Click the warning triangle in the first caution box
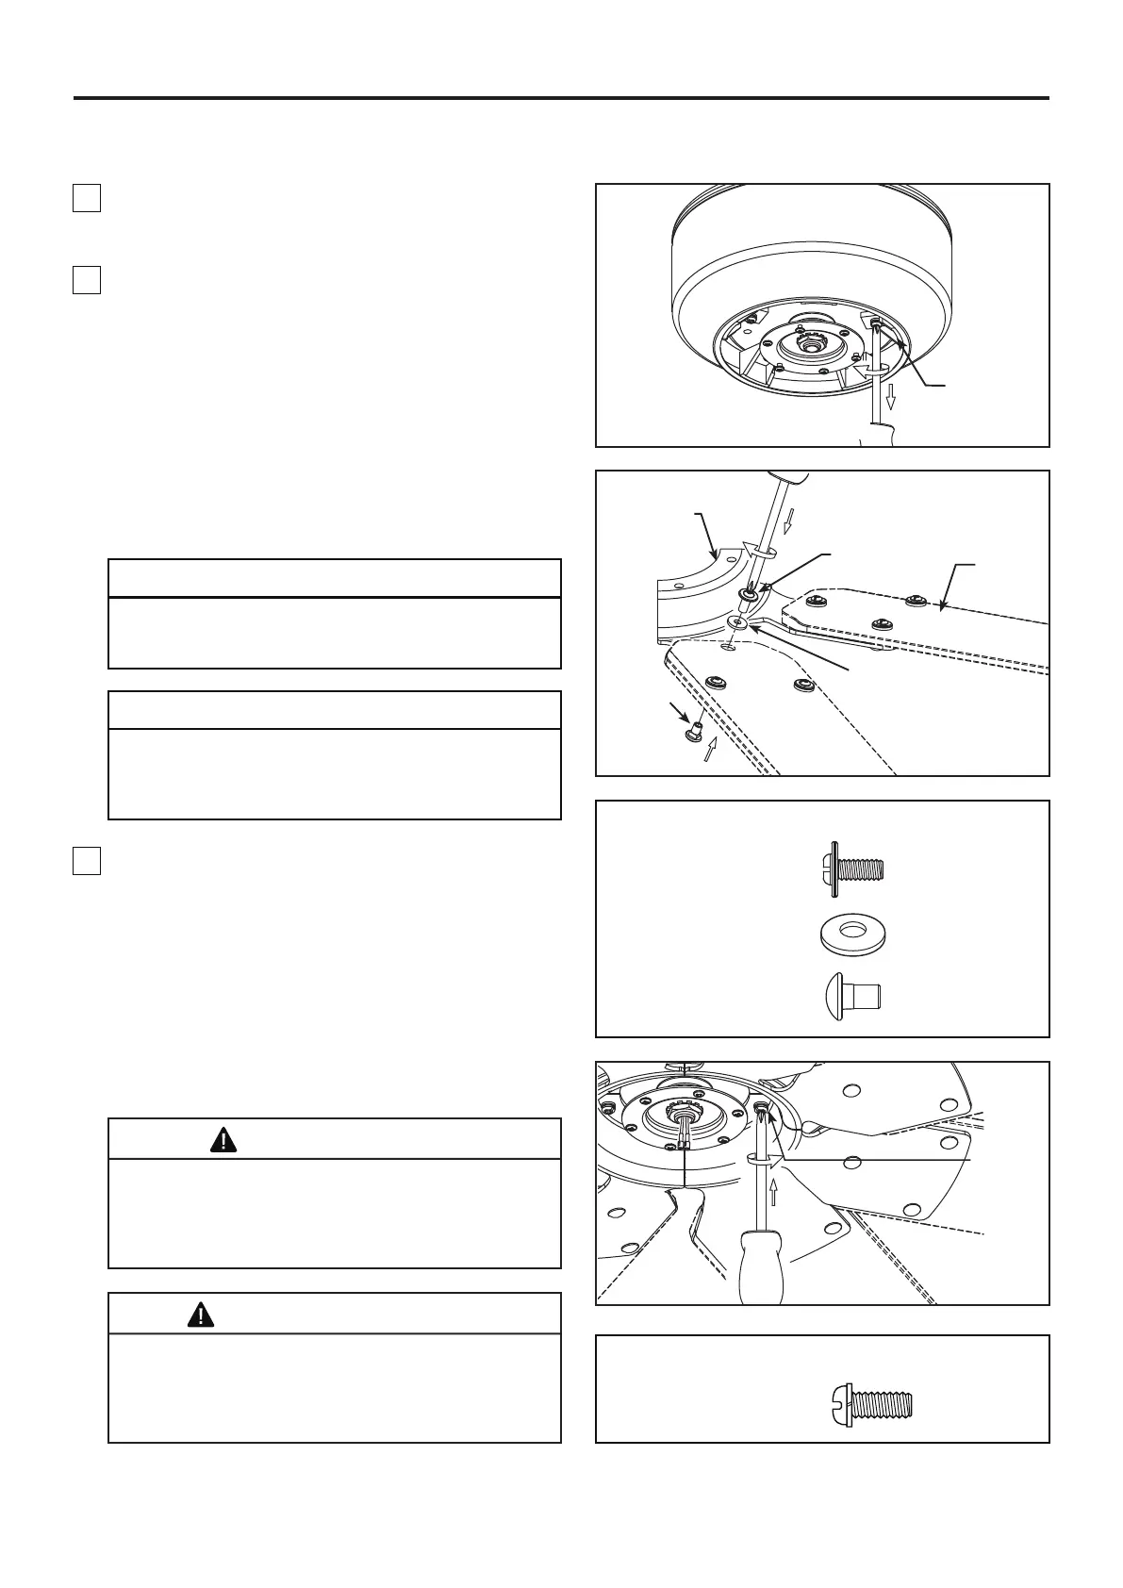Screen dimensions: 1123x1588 (x=223, y=1140)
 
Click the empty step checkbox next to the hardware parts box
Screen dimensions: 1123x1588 (x=87, y=861)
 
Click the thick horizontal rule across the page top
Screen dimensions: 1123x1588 (x=561, y=98)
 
